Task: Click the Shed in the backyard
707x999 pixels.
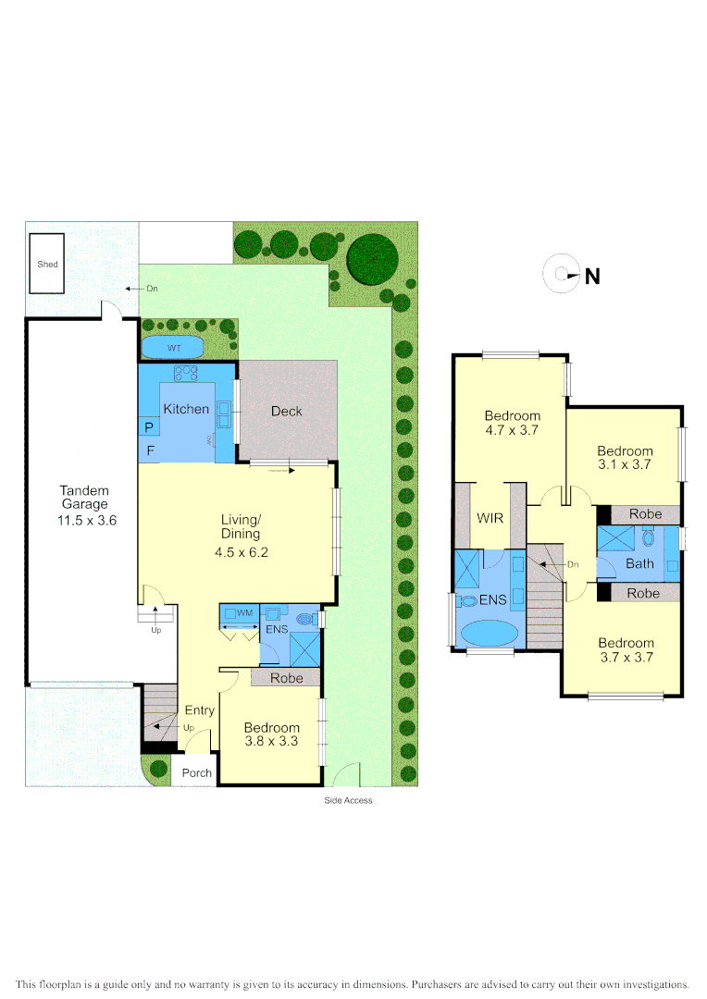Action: [x=47, y=264]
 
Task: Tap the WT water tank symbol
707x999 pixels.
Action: [x=174, y=348]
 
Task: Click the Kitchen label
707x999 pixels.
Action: [x=186, y=409]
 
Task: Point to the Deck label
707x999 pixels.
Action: [x=286, y=412]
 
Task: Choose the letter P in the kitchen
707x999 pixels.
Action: [x=148, y=427]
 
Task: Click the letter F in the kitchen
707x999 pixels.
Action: [x=148, y=451]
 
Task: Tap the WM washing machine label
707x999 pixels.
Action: [x=245, y=612]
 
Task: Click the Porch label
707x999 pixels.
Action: [x=196, y=773]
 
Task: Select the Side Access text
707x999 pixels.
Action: [x=348, y=800]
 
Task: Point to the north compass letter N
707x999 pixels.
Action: [x=592, y=276]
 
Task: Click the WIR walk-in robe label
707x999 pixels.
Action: [x=490, y=518]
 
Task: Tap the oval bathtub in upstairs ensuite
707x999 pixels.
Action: [x=490, y=634]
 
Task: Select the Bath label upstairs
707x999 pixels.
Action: [x=639, y=563]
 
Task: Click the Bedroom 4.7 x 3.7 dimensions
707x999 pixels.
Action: [x=512, y=430]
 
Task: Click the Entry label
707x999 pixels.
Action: [x=199, y=710]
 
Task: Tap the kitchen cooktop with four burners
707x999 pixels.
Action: [x=187, y=373]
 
